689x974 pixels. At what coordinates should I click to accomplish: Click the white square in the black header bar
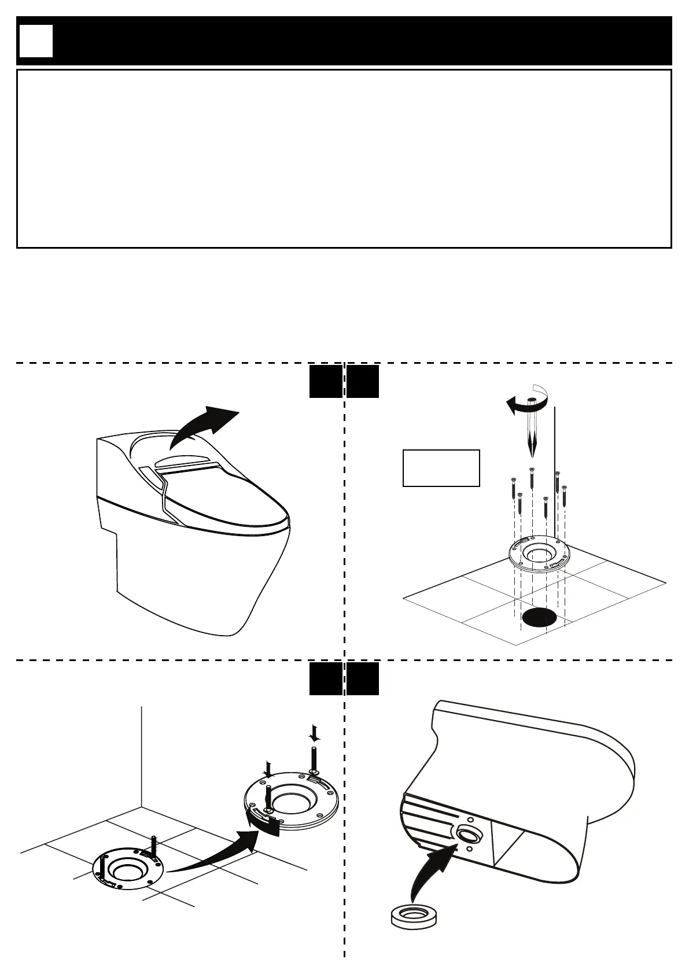coord(36,41)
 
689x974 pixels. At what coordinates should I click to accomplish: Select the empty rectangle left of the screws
coord(441,468)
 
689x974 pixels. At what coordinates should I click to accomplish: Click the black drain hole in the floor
coord(539,618)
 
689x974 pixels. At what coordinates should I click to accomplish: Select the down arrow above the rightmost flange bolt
coord(314,733)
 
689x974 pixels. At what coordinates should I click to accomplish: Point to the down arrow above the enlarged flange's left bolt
coord(268,769)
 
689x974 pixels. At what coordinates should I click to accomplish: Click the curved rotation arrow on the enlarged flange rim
coord(260,821)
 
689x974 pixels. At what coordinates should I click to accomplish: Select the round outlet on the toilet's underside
coord(467,835)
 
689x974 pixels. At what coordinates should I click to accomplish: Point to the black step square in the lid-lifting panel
coord(325,381)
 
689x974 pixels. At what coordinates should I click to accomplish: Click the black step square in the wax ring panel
coord(363,678)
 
